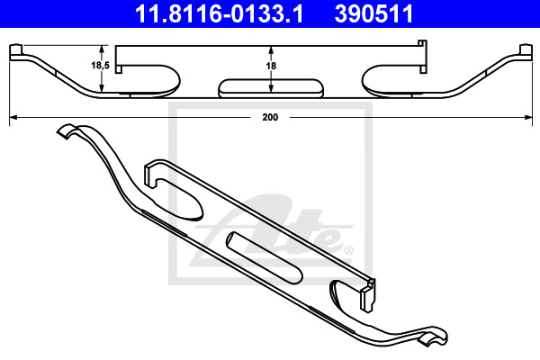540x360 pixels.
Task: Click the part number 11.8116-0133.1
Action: tap(219, 13)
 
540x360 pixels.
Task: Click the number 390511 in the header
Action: tap(374, 13)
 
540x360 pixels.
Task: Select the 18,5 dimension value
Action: tap(100, 65)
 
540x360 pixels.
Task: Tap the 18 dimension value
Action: tap(271, 66)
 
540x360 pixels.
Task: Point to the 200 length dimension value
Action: tap(270, 117)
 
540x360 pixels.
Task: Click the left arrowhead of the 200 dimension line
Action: tap(13, 118)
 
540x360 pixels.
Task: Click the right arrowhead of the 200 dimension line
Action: tap(528, 118)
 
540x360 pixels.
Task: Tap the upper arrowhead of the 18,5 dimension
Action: tap(101, 49)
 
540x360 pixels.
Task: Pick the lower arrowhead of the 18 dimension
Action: tap(271, 88)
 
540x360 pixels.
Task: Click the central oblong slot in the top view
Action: tap(271, 88)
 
